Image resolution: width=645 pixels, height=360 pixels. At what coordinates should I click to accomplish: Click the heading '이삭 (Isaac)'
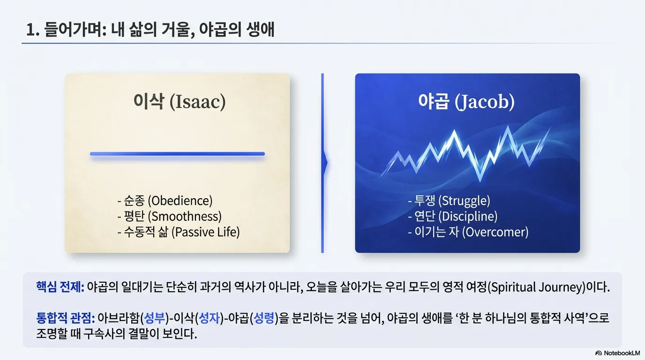click(x=180, y=101)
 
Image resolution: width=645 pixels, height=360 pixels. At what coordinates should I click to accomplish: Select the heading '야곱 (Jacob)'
click(x=466, y=102)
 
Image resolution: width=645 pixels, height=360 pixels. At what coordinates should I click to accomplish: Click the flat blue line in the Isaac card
click(x=177, y=154)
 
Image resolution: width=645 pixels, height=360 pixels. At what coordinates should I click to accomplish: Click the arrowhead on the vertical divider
click(x=326, y=163)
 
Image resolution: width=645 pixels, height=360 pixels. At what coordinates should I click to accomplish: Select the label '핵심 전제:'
click(x=60, y=287)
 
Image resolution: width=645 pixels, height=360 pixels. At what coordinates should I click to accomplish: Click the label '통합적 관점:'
click(x=65, y=318)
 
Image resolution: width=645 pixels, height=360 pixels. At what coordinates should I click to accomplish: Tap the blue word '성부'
click(x=154, y=318)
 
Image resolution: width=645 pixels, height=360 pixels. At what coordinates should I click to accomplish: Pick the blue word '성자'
click(x=210, y=318)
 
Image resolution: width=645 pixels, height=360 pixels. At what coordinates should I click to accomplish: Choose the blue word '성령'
click(x=264, y=318)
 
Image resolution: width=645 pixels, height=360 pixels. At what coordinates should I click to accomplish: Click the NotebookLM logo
click(x=617, y=353)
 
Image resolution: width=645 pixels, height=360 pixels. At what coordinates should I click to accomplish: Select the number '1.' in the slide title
click(x=32, y=30)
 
